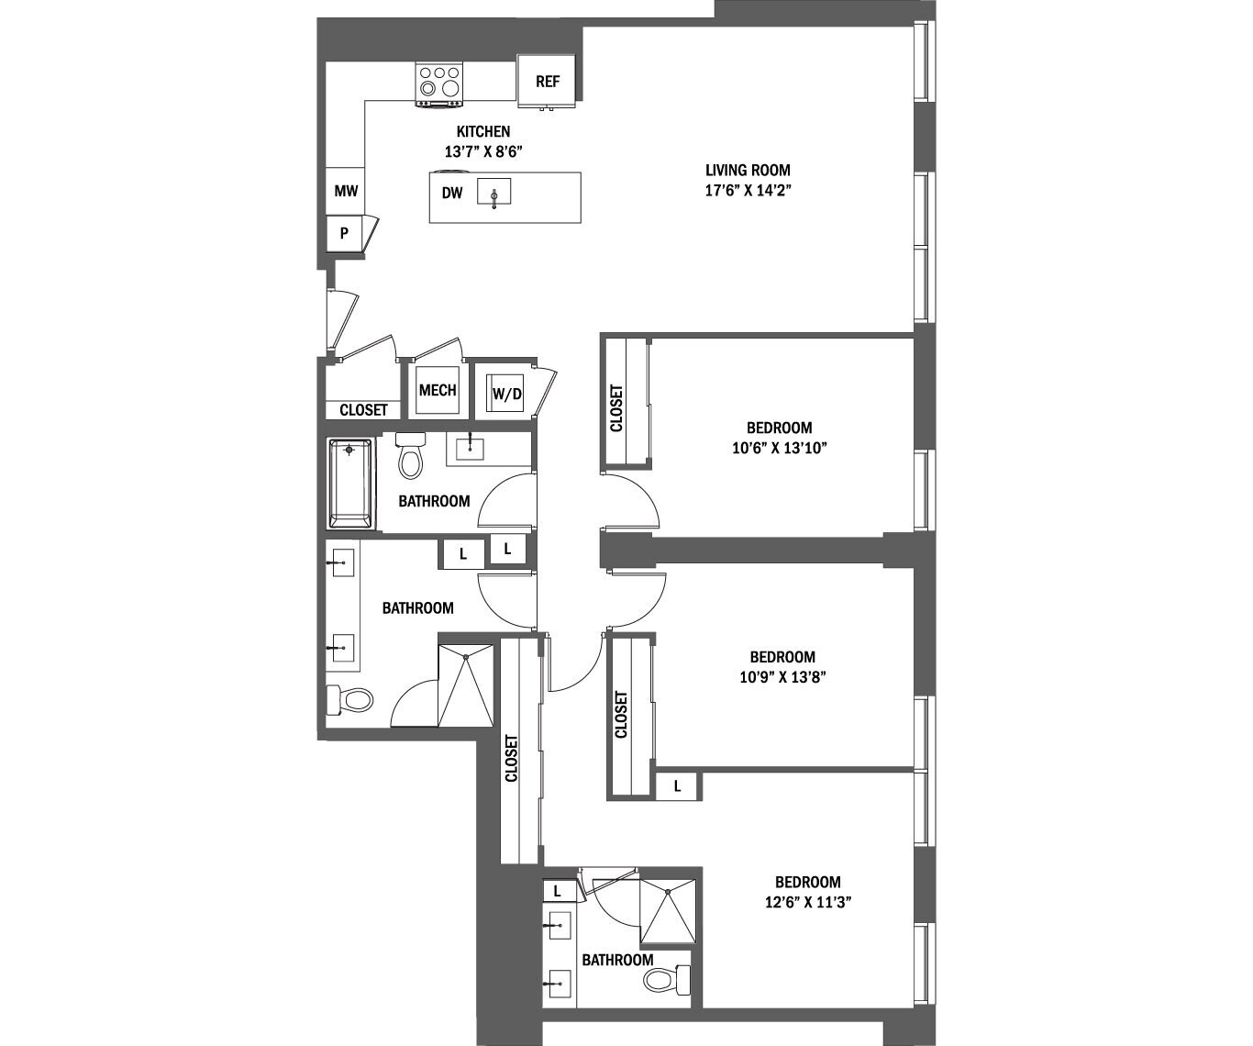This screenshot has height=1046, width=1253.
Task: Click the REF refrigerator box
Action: tap(548, 81)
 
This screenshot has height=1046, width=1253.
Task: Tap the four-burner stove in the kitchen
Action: tap(439, 82)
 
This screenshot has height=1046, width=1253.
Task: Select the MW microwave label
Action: tap(346, 192)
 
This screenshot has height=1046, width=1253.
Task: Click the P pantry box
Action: tap(345, 233)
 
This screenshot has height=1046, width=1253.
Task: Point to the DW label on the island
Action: tap(452, 194)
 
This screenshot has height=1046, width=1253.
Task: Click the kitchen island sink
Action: tap(493, 194)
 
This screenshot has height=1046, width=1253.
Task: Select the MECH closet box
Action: tap(438, 391)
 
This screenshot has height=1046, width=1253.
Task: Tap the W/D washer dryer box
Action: tap(507, 395)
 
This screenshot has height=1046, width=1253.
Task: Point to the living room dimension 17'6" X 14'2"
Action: tap(748, 192)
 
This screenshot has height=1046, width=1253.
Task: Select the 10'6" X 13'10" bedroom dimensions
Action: tap(779, 449)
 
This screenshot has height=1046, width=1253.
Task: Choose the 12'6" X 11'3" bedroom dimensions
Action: tap(808, 902)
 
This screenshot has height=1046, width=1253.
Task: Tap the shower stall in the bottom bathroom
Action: tap(668, 911)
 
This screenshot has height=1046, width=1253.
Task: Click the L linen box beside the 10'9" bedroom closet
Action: tap(678, 786)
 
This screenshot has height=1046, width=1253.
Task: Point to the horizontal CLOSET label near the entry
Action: tap(363, 410)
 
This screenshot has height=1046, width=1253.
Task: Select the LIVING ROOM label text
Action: tap(748, 170)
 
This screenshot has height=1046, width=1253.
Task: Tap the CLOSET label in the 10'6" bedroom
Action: tap(616, 408)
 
